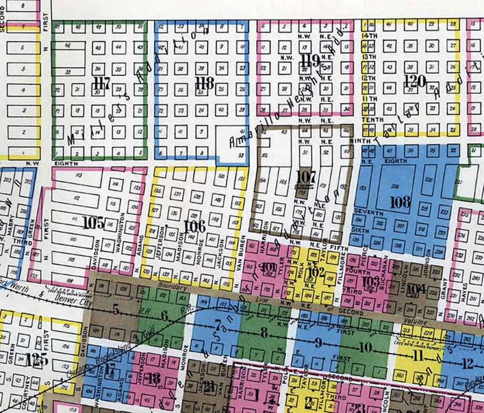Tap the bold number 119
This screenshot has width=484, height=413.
310,61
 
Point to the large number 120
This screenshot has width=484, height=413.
414,81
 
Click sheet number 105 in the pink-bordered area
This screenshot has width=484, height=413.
94,222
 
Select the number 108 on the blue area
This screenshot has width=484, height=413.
400,202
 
